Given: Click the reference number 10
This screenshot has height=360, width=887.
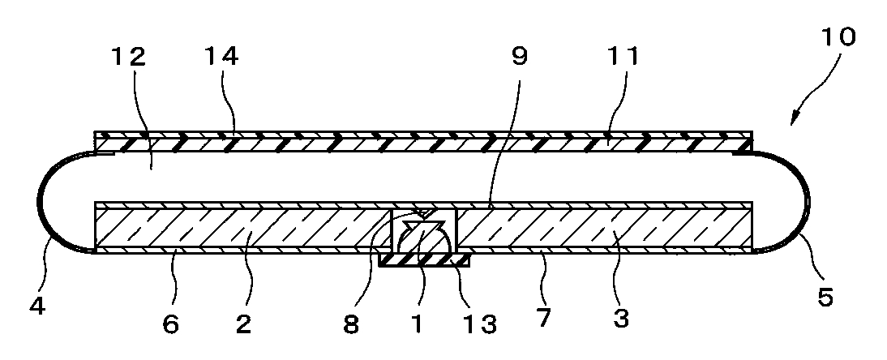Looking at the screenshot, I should pyautogui.click(x=838, y=38).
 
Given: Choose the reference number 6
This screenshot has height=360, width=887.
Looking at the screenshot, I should pyautogui.click(x=169, y=324).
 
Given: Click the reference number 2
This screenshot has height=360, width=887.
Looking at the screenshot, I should pyautogui.click(x=244, y=324).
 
